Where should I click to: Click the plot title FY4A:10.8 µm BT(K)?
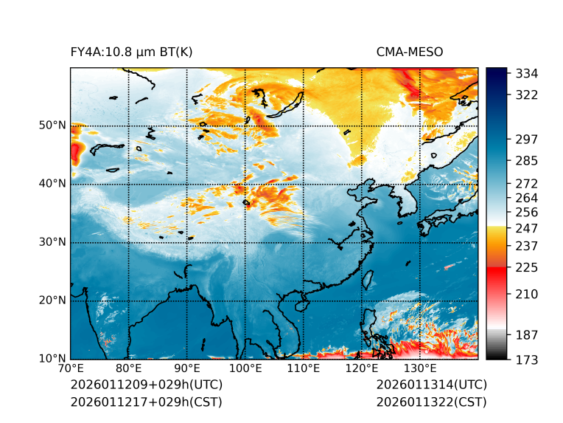pos(131,52)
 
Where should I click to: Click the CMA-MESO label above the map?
pos(409,52)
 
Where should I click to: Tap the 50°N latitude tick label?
pos(52,125)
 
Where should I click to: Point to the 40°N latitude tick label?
pos(52,184)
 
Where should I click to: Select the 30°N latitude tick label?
pos(52,242)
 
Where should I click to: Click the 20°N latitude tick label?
pos(52,300)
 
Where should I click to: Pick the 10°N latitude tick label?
pos(52,359)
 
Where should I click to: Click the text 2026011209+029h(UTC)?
pos(146,385)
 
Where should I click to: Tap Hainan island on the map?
pos(301,304)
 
